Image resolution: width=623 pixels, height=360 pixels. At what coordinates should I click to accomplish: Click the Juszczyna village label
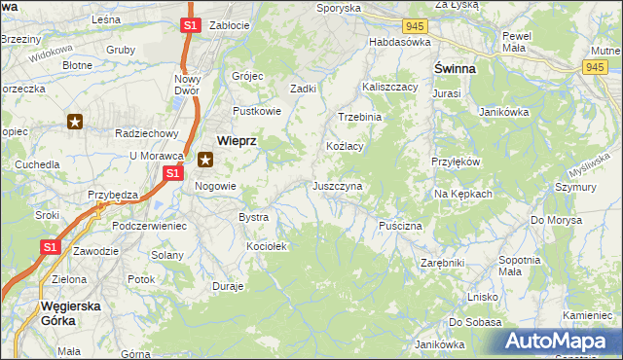pos(338,185)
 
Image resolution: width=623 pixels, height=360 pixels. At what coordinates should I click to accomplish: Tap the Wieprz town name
pos(236,140)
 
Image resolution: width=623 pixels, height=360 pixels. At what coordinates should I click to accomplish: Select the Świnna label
pos(455,69)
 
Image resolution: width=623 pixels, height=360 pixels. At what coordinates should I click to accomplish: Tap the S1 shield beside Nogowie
pos(172,173)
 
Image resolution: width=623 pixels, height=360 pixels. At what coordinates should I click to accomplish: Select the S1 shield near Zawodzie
pos(51,249)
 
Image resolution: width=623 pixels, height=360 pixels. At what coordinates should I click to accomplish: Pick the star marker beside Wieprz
pos(205,161)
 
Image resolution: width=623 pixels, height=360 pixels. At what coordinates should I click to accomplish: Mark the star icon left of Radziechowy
pos(75,122)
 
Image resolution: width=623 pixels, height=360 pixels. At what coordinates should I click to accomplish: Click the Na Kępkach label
pos(463,194)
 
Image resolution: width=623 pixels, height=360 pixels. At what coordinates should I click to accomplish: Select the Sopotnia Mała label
pos(519,266)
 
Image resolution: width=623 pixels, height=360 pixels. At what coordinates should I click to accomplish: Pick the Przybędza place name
pos(112,195)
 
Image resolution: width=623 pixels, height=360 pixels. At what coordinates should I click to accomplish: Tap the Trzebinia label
pos(360,116)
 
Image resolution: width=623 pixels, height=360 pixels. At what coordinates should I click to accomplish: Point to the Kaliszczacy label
pos(389,87)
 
